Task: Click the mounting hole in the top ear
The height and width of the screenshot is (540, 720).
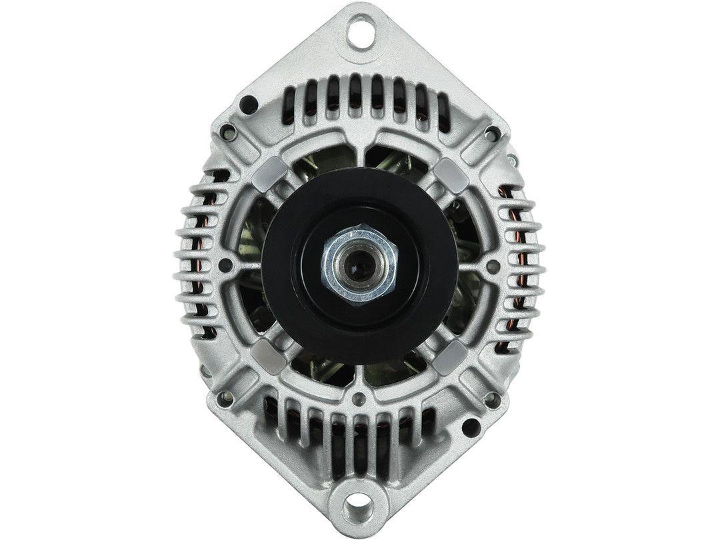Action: tap(360, 33)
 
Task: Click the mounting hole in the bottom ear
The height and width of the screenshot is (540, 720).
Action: tap(360, 508)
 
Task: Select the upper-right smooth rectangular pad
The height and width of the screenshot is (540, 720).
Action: tap(451, 175)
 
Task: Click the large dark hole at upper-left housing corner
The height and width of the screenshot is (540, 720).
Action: tap(248, 103)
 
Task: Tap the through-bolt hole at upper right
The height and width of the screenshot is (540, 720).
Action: tap(491, 134)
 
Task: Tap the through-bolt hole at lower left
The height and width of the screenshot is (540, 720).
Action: tap(229, 398)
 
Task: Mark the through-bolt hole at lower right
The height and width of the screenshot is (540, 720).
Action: tap(491, 398)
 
